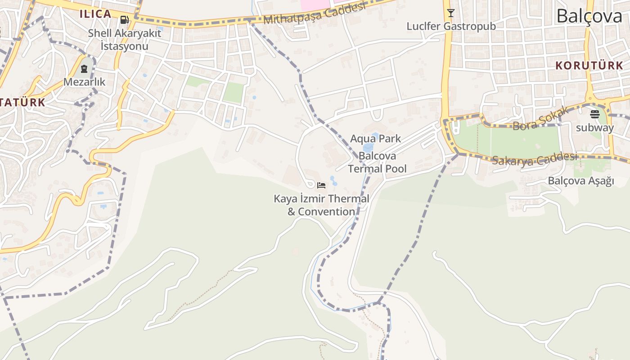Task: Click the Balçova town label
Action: coord(589,16)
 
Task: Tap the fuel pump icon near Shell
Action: coord(124,20)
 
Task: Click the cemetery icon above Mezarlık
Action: coord(84,69)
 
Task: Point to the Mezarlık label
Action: coord(84,82)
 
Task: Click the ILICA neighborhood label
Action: coord(95,14)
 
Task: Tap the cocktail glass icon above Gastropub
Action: coord(450,13)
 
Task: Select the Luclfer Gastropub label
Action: coord(451,26)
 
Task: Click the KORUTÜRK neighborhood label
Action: coord(589,66)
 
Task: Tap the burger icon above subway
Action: coord(595,114)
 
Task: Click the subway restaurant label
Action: coord(595,128)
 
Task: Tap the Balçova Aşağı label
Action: coord(580,181)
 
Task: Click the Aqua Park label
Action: coord(375,139)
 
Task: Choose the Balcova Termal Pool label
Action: coord(377,162)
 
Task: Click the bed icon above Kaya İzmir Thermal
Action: coord(321,185)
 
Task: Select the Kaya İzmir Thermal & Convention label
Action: coord(321,205)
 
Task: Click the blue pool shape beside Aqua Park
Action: coord(368,147)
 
